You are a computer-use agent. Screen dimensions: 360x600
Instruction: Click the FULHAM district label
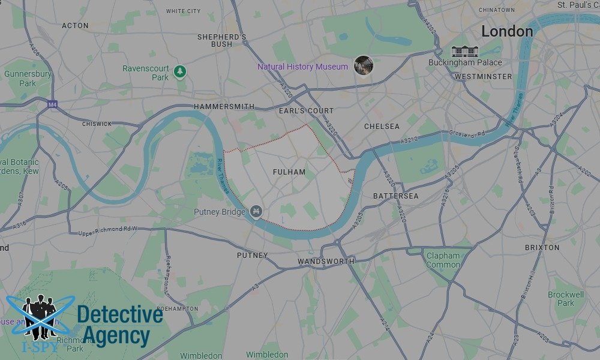tap(289, 172)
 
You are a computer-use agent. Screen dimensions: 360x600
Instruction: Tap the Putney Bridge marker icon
tap(256, 211)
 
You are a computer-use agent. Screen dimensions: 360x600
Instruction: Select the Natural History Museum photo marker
tap(363, 65)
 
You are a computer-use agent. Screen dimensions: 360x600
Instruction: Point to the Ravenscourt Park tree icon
tap(179, 72)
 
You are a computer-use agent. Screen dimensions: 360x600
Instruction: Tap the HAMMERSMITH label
tap(224, 107)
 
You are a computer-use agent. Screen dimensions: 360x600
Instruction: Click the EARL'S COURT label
tap(306, 111)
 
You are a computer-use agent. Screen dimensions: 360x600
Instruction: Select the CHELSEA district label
tap(382, 127)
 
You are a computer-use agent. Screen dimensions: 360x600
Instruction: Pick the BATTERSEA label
tap(396, 196)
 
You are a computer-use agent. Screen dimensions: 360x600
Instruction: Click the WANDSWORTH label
tap(326, 262)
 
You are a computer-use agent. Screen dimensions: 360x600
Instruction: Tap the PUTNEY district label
tap(253, 256)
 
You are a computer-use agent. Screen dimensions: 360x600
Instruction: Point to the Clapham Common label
tap(443, 260)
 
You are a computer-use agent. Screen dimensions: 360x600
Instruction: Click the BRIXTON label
tap(542, 247)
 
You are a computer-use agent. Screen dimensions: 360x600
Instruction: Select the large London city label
tap(507, 31)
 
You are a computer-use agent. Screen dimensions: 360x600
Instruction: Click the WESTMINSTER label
tap(483, 76)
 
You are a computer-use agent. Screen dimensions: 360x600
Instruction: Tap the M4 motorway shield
tap(52, 104)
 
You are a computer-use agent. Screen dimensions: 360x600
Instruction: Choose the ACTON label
tap(75, 26)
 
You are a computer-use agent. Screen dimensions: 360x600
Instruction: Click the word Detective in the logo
tap(120, 315)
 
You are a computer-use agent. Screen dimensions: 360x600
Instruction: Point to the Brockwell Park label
tap(565, 299)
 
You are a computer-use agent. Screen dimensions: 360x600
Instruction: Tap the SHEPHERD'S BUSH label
tap(222, 40)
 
